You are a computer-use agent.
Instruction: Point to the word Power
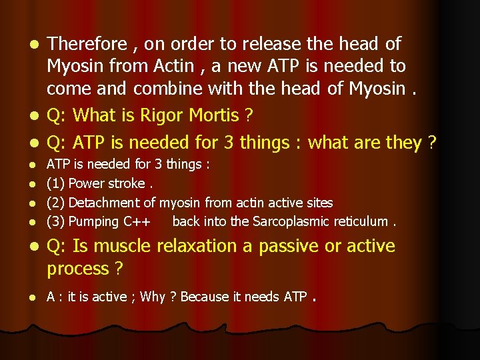[87, 183]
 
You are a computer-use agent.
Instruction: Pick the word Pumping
[94, 221]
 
